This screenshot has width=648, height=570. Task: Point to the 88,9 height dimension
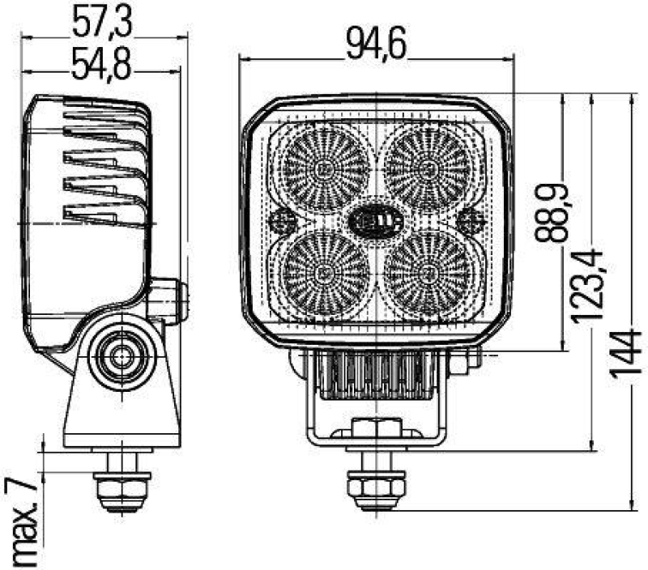550,214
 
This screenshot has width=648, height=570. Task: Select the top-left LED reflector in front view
326,169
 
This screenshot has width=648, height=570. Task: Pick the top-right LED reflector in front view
427,169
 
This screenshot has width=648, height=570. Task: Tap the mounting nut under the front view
376,486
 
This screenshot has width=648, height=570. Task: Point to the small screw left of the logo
283,219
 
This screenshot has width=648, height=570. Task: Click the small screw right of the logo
470,219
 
